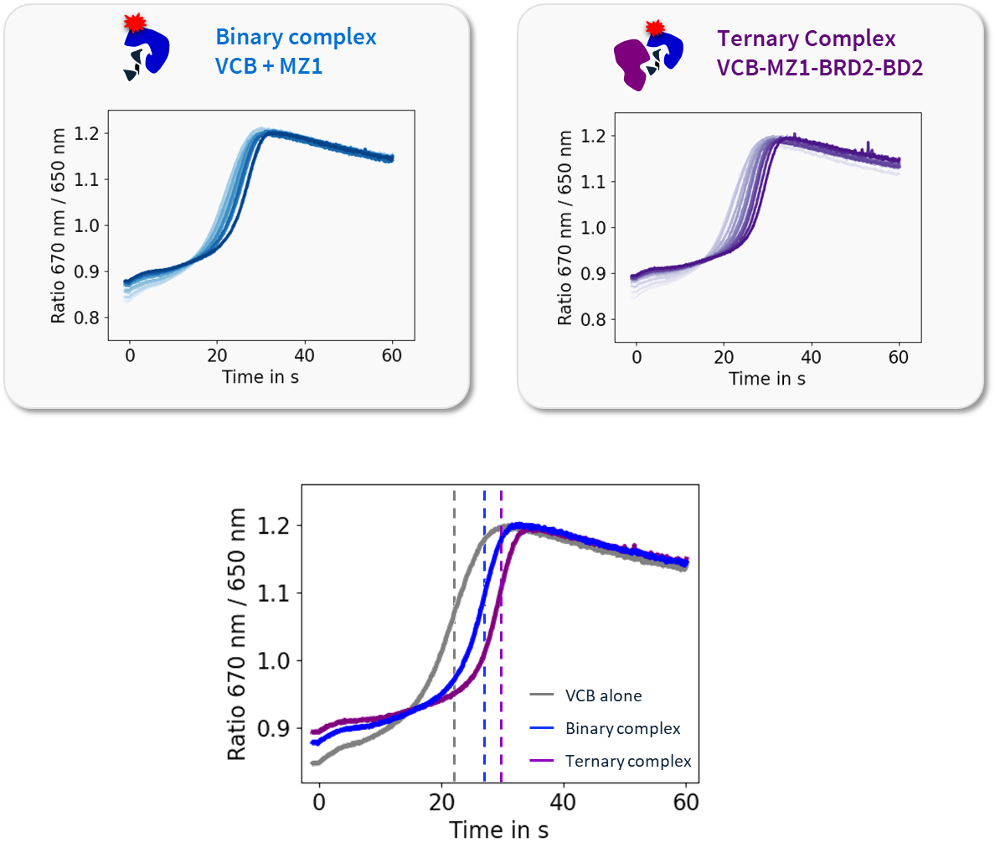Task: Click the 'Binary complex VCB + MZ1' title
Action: (296, 51)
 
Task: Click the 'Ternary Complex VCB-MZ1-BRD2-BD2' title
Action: (819, 53)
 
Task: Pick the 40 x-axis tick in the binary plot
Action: (304, 355)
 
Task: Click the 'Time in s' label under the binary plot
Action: (260, 377)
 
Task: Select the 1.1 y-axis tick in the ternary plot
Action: (593, 181)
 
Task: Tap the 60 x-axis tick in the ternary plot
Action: (898, 357)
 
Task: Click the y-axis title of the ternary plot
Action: (565, 228)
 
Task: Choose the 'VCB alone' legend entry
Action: (603, 695)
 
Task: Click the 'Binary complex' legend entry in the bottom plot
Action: (622, 728)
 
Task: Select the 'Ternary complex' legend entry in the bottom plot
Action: (628, 761)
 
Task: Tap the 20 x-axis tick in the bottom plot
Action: (441, 802)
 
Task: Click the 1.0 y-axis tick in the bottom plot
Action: (273, 661)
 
